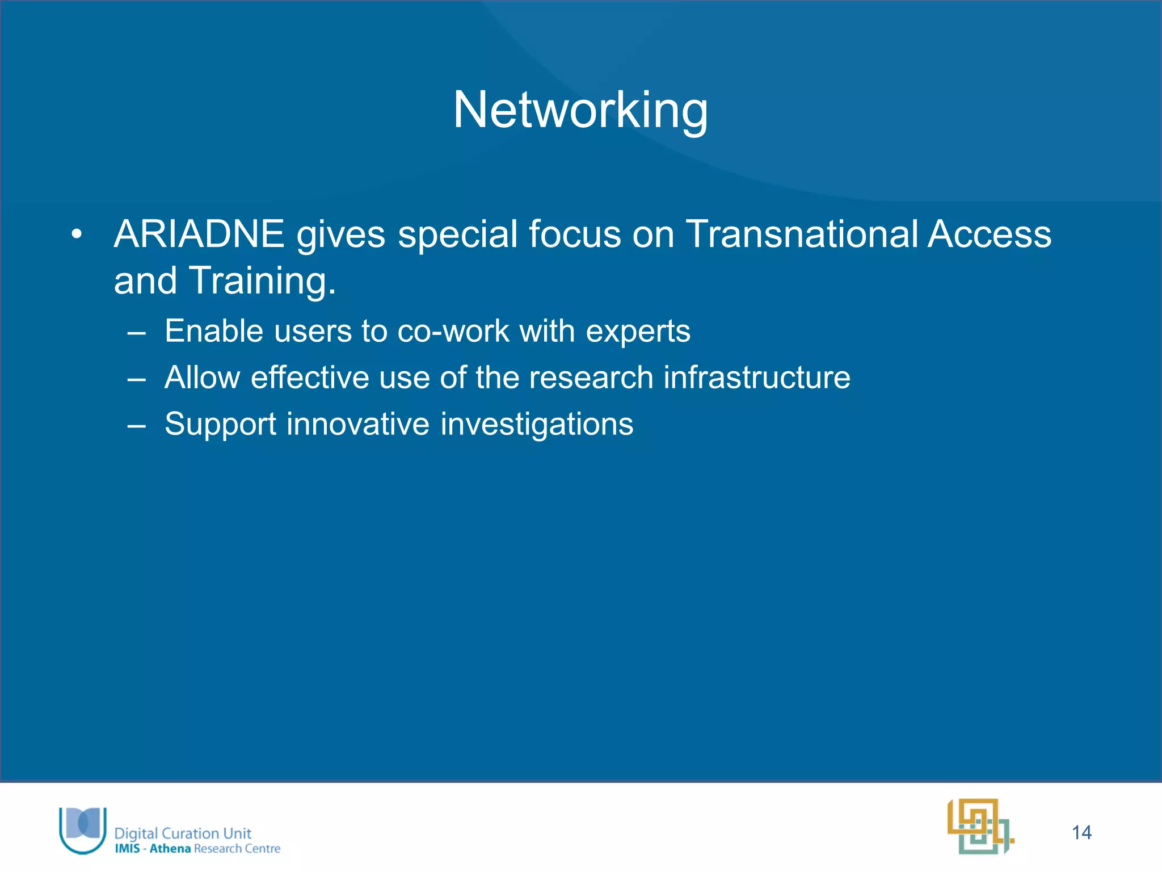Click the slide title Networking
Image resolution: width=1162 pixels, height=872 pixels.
pos(580,110)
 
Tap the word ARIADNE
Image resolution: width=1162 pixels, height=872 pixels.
pos(199,234)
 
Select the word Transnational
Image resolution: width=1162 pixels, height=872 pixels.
pos(802,234)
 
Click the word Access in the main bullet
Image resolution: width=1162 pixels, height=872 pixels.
pos(990,234)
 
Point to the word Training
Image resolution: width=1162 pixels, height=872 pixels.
pos(262,281)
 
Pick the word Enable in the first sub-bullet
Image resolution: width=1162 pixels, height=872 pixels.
pos(214,331)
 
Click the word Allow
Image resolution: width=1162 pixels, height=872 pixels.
pos(202,378)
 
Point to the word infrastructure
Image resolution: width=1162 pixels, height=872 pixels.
pos(757,378)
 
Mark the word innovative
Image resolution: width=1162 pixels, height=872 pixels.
pos(358,424)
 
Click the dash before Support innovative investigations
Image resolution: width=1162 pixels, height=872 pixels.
pos(137,425)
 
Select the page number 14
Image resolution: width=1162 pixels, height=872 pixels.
pos(1081,832)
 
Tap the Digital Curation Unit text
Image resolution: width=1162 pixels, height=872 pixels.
pos(183,833)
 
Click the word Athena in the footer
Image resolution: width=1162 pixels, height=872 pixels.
pos(170,849)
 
